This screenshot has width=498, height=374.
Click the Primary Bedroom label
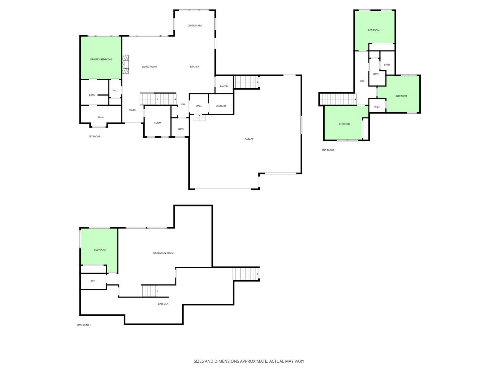coord(101,59)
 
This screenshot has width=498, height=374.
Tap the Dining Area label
coord(195,26)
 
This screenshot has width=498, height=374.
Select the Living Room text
coord(149,67)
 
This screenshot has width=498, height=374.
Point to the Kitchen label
coord(195,67)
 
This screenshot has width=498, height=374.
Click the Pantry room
coord(224,85)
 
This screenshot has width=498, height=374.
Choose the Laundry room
coord(221,104)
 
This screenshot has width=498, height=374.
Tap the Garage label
coord(249,139)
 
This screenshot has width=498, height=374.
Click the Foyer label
coord(132,110)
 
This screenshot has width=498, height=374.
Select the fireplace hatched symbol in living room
coord(125,64)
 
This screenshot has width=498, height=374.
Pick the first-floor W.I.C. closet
coord(101,115)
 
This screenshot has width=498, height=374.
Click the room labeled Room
coord(157,121)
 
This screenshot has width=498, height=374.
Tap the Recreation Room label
coord(163,253)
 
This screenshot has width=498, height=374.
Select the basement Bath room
coord(93,281)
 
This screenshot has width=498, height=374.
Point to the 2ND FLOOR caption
coord(328,150)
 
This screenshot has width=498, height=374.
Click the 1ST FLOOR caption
coord(94,137)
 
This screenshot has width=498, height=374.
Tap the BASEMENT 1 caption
coord(84,325)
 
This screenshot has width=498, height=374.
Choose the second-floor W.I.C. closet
coord(377,105)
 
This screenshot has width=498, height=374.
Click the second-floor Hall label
coord(363,81)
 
